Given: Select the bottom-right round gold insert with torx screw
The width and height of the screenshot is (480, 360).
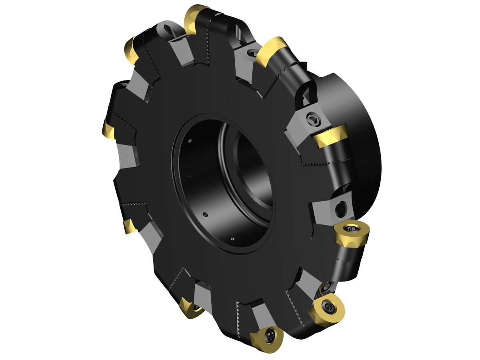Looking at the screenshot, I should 326,309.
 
